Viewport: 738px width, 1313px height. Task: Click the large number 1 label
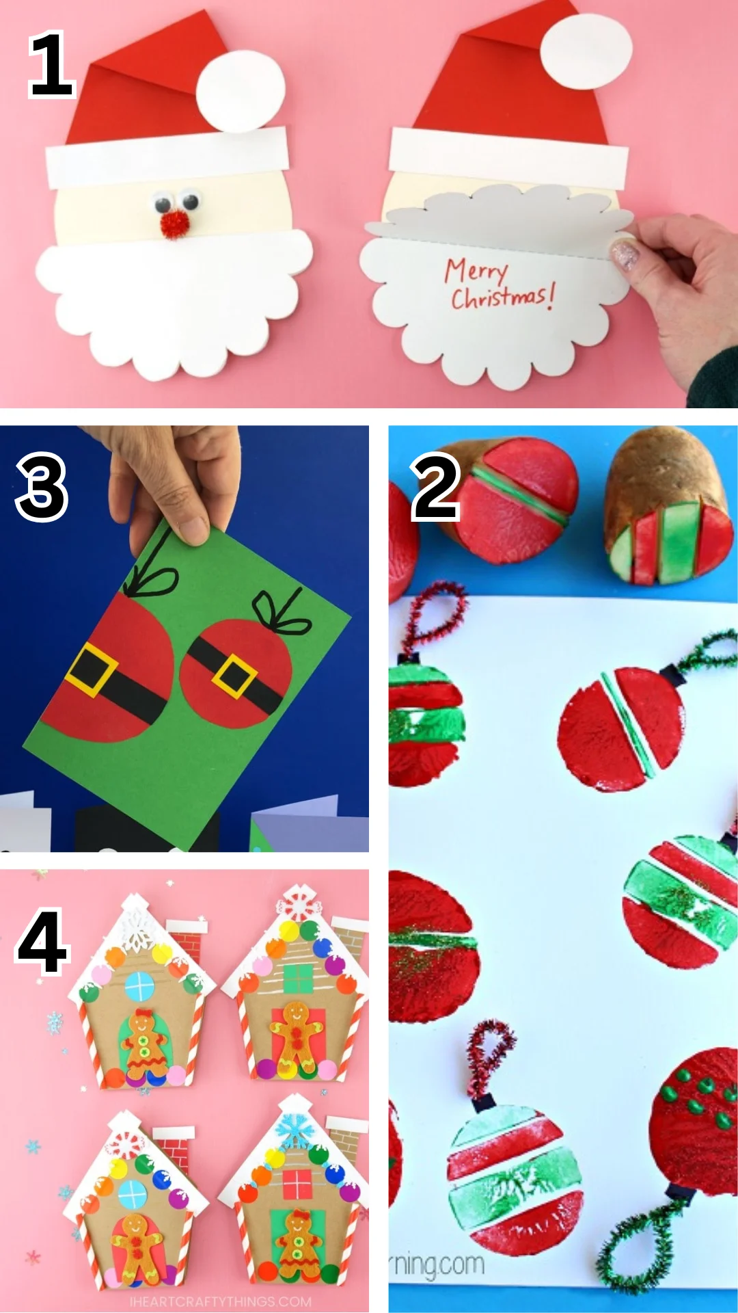point(51,65)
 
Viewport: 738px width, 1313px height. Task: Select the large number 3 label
point(42,488)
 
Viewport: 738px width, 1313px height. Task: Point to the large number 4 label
point(42,942)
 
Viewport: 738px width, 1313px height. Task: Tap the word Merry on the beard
point(476,271)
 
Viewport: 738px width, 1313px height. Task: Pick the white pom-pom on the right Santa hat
point(586,51)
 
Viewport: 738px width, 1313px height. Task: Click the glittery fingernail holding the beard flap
point(625,254)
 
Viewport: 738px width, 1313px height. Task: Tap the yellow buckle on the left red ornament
point(92,668)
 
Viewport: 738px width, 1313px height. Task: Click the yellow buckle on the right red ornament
point(234,676)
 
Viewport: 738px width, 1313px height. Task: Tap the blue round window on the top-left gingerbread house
point(140,987)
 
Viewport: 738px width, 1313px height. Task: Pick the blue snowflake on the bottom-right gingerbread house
point(295,1130)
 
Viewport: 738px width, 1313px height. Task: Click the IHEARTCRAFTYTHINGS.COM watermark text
point(220,1301)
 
